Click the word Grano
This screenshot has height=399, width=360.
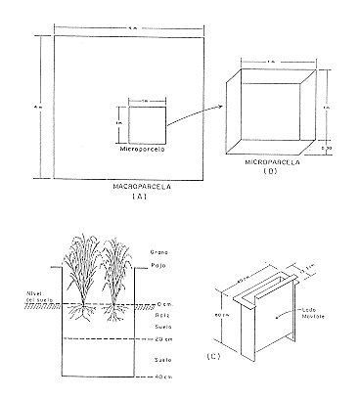[x=159, y=252]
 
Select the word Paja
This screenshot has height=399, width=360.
[x=158, y=264]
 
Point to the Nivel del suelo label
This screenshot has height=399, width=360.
[x=22, y=297]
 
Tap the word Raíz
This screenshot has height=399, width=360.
[x=161, y=313]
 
